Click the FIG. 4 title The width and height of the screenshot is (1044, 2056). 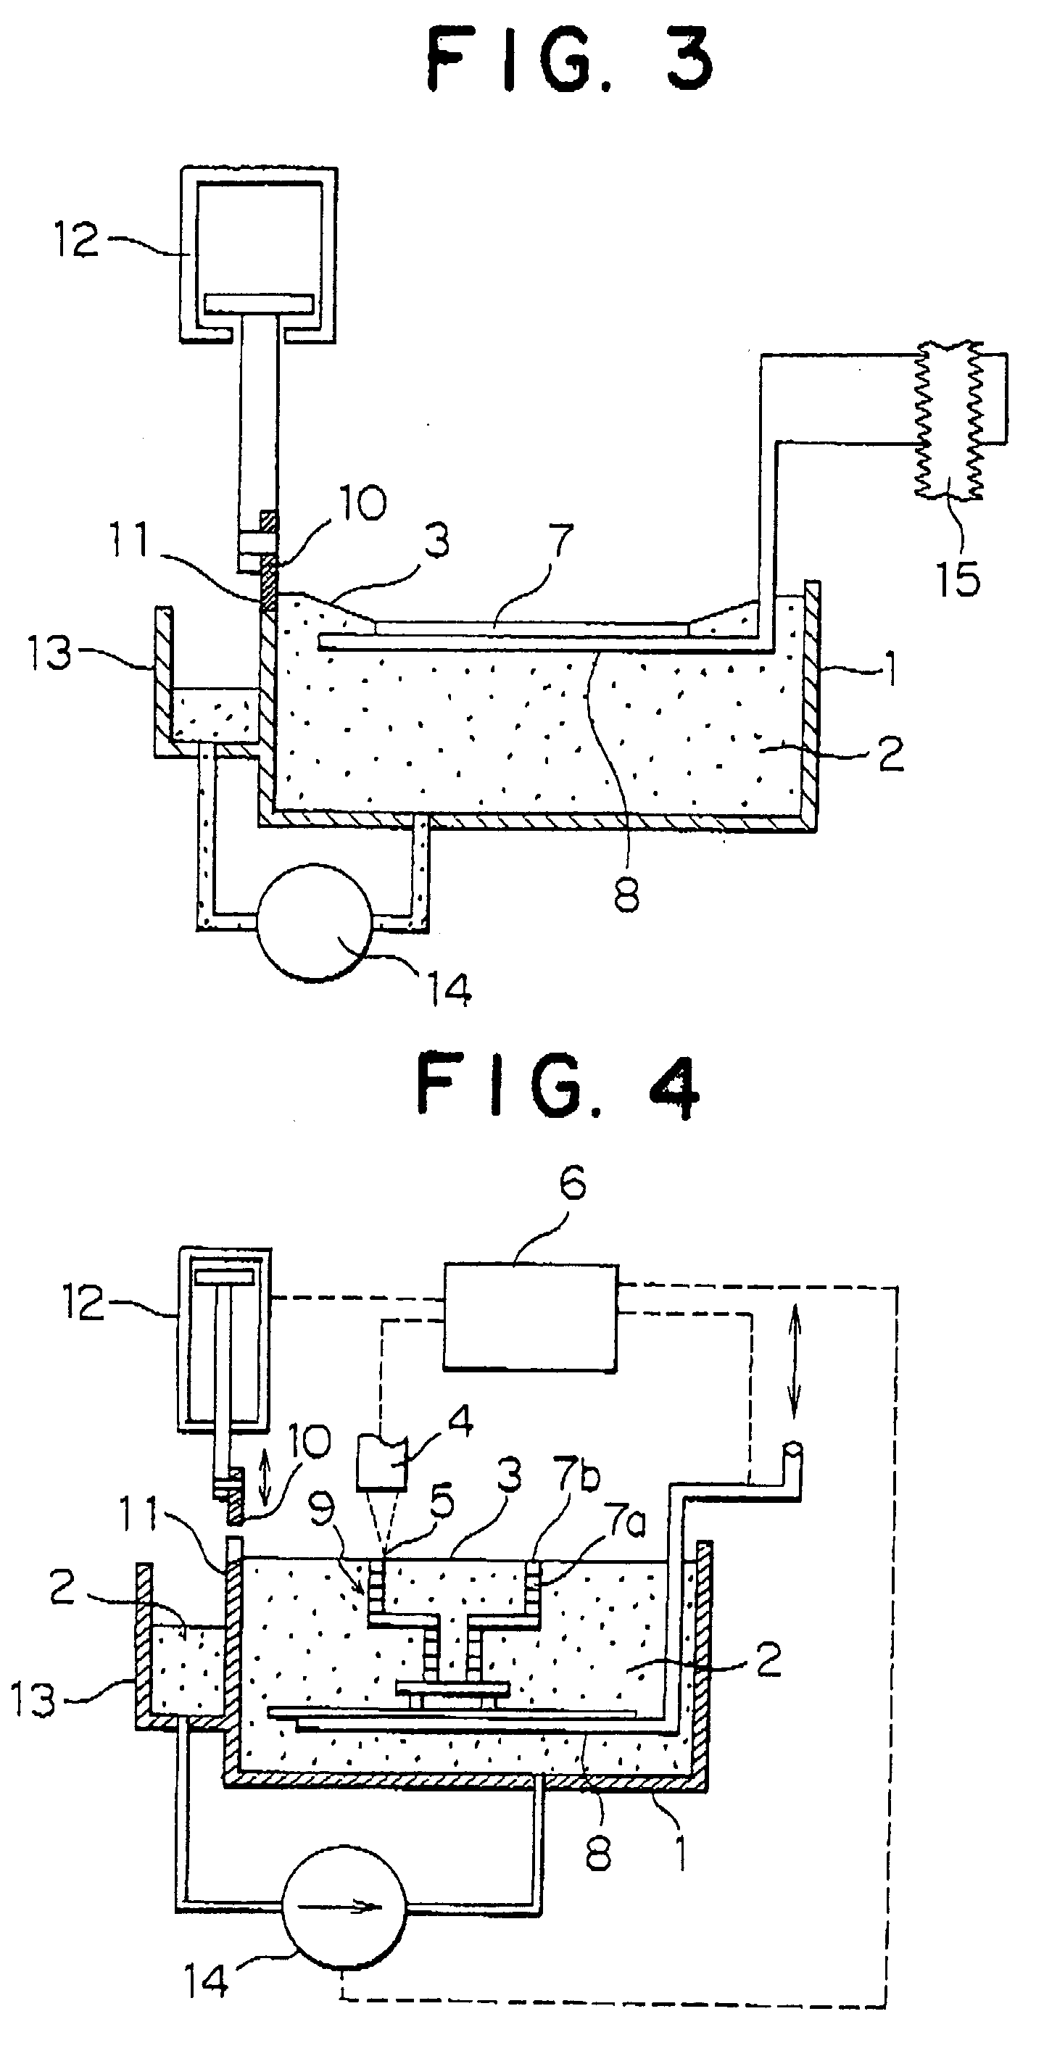(x=558, y=1089)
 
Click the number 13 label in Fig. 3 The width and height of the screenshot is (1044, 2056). (x=51, y=654)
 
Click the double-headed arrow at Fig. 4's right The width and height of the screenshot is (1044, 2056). (x=795, y=1364)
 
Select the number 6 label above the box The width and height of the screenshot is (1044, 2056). (x=572, y=1183)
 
